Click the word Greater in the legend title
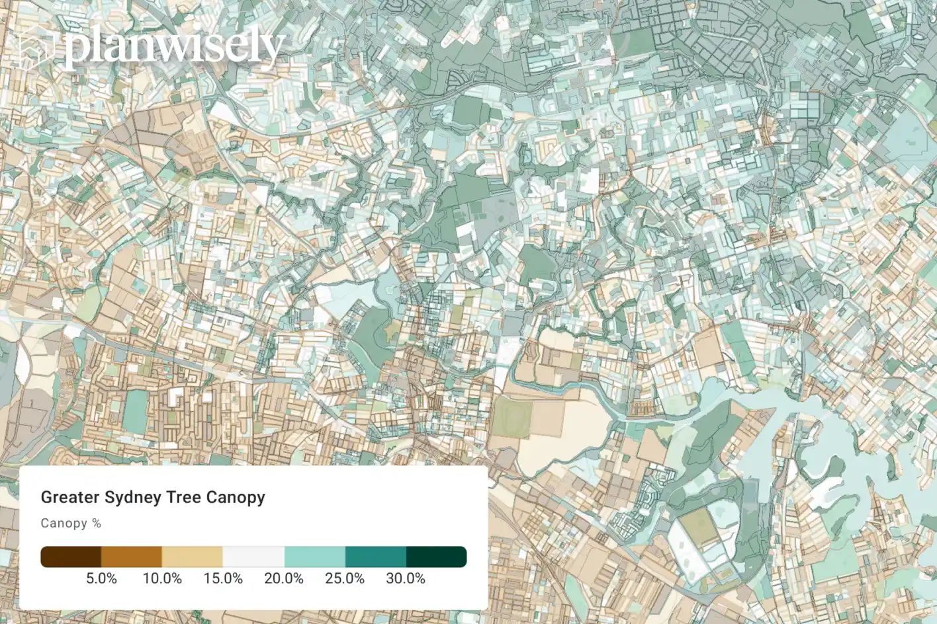(x=69, y=497)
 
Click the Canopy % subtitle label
(x=71, y=523)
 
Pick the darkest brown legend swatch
(x=71, y=557)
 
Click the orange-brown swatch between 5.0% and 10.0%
(x=132, y=557)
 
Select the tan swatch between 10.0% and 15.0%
(x=193, y=557)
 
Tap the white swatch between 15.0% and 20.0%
(x=253, y=557)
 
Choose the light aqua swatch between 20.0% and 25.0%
(x=314, y=557)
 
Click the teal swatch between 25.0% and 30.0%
(x=375, y=557)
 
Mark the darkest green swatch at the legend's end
(x=436, y=557)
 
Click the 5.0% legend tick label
(x=101, y=578)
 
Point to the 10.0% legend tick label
(x=162, y=578)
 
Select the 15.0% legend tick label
(x=223, y=578)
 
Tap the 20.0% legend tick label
(x=284, y=578)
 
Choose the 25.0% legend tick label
(x=345, y=578)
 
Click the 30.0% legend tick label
(x=406, y=578)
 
